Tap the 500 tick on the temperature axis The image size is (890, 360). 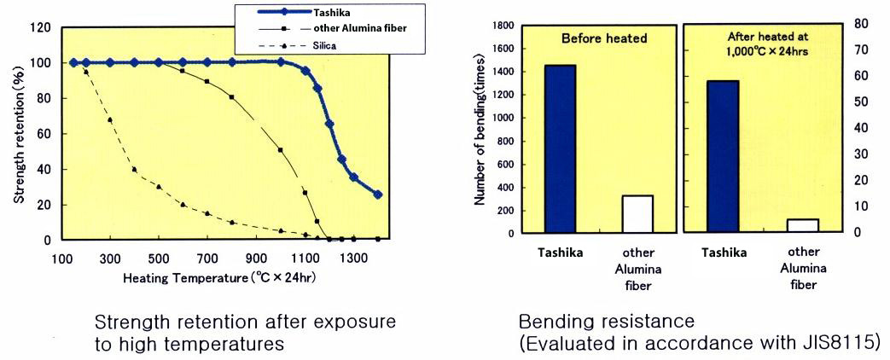pyautogui.click(x=159, y=258)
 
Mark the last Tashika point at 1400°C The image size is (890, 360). pyautogui.click(x=378, y=195)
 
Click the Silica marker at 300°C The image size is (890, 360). pyautogui.click(x=110, y=120)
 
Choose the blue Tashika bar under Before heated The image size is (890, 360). pyautogui.click(x=560, y=148)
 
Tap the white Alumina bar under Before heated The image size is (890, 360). pyautogui.click(x=637, y=213)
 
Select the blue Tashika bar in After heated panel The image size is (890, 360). pyautogui.click(x=723, y=156)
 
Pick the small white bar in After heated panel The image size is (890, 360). pyautogui.click(x=802, y=225)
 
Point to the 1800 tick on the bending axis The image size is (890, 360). pyautogui.click(x=500, y=26)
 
